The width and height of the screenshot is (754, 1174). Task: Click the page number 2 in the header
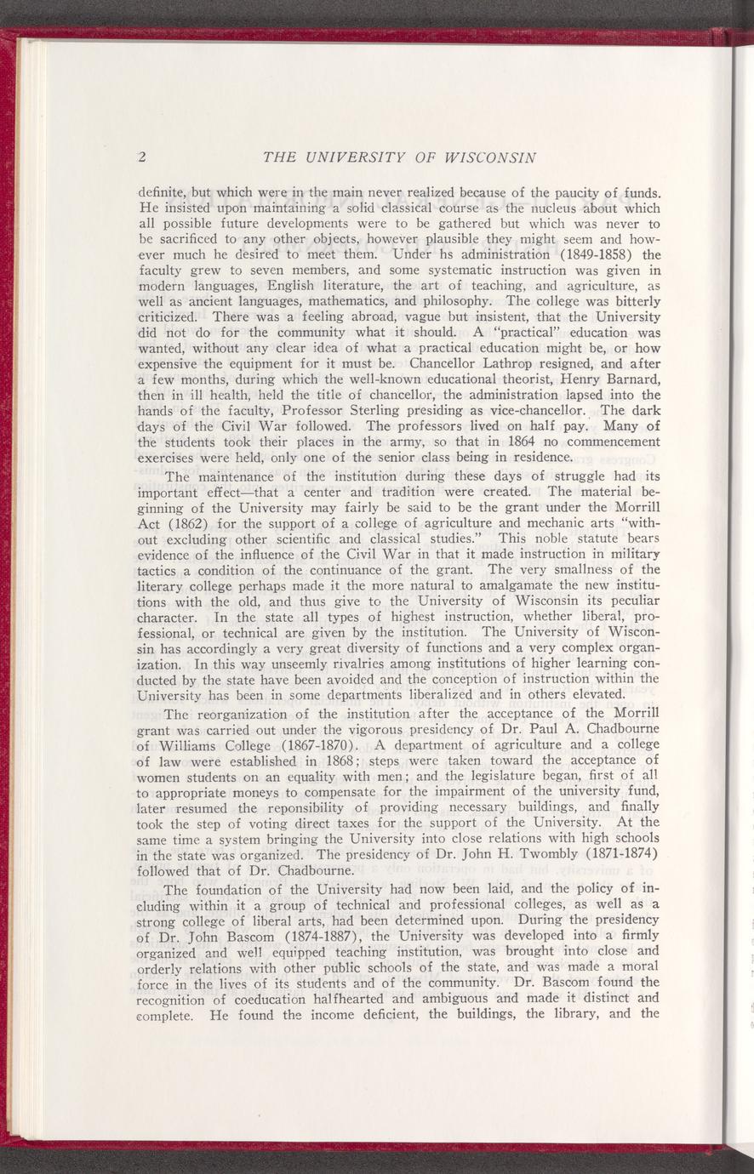(143, 157)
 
